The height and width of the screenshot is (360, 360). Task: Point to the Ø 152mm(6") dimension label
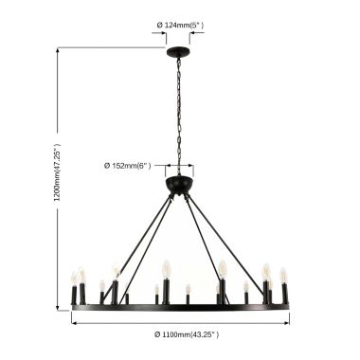click(x=128, y=165)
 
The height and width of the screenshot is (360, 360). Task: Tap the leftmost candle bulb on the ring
click(x=73, y=278)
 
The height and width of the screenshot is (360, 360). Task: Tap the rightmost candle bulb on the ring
click(x=283, y=276)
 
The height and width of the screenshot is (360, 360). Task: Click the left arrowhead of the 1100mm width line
click(x=75, y=320)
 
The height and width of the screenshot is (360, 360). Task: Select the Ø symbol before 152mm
click(x=108, y=165)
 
